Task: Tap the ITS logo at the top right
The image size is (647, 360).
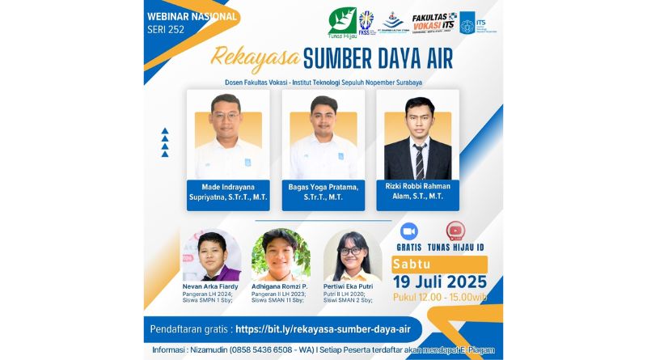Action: [x=467, y=22]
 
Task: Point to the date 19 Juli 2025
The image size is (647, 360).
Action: [x=439, y=282]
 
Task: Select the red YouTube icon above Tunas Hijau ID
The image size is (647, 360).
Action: [x=455, y=231]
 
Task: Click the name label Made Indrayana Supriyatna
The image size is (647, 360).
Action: [x=228, y=191]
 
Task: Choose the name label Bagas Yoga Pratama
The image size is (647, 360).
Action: [x=323, y=191]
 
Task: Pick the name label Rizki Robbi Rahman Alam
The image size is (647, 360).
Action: [x=417, y=191]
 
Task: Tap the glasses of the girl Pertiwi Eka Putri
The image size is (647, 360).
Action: [x=353, y=252]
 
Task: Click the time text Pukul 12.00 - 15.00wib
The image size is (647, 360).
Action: [x=438, y=297]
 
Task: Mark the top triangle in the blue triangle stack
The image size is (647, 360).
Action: [x=165, y=130]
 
